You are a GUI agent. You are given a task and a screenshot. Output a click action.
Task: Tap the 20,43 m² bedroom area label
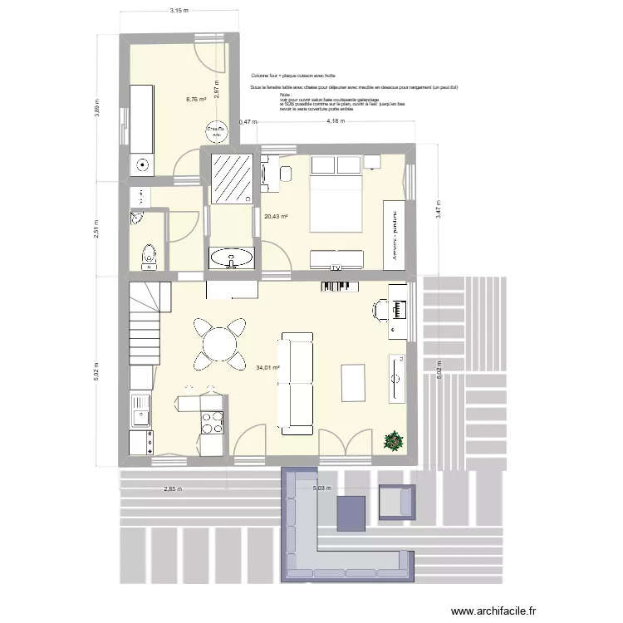pos(276,218)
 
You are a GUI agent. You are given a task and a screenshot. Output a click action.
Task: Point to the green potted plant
pos(391,440)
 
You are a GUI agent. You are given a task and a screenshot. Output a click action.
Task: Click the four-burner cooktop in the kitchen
pos(213,423)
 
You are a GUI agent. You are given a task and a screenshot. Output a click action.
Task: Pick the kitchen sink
pos(140,410)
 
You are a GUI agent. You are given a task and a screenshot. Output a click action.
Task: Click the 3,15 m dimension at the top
pos(179,11)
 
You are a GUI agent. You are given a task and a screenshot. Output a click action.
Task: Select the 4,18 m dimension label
pos(336,121)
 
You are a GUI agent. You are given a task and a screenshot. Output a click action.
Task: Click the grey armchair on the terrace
pos(395,503)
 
